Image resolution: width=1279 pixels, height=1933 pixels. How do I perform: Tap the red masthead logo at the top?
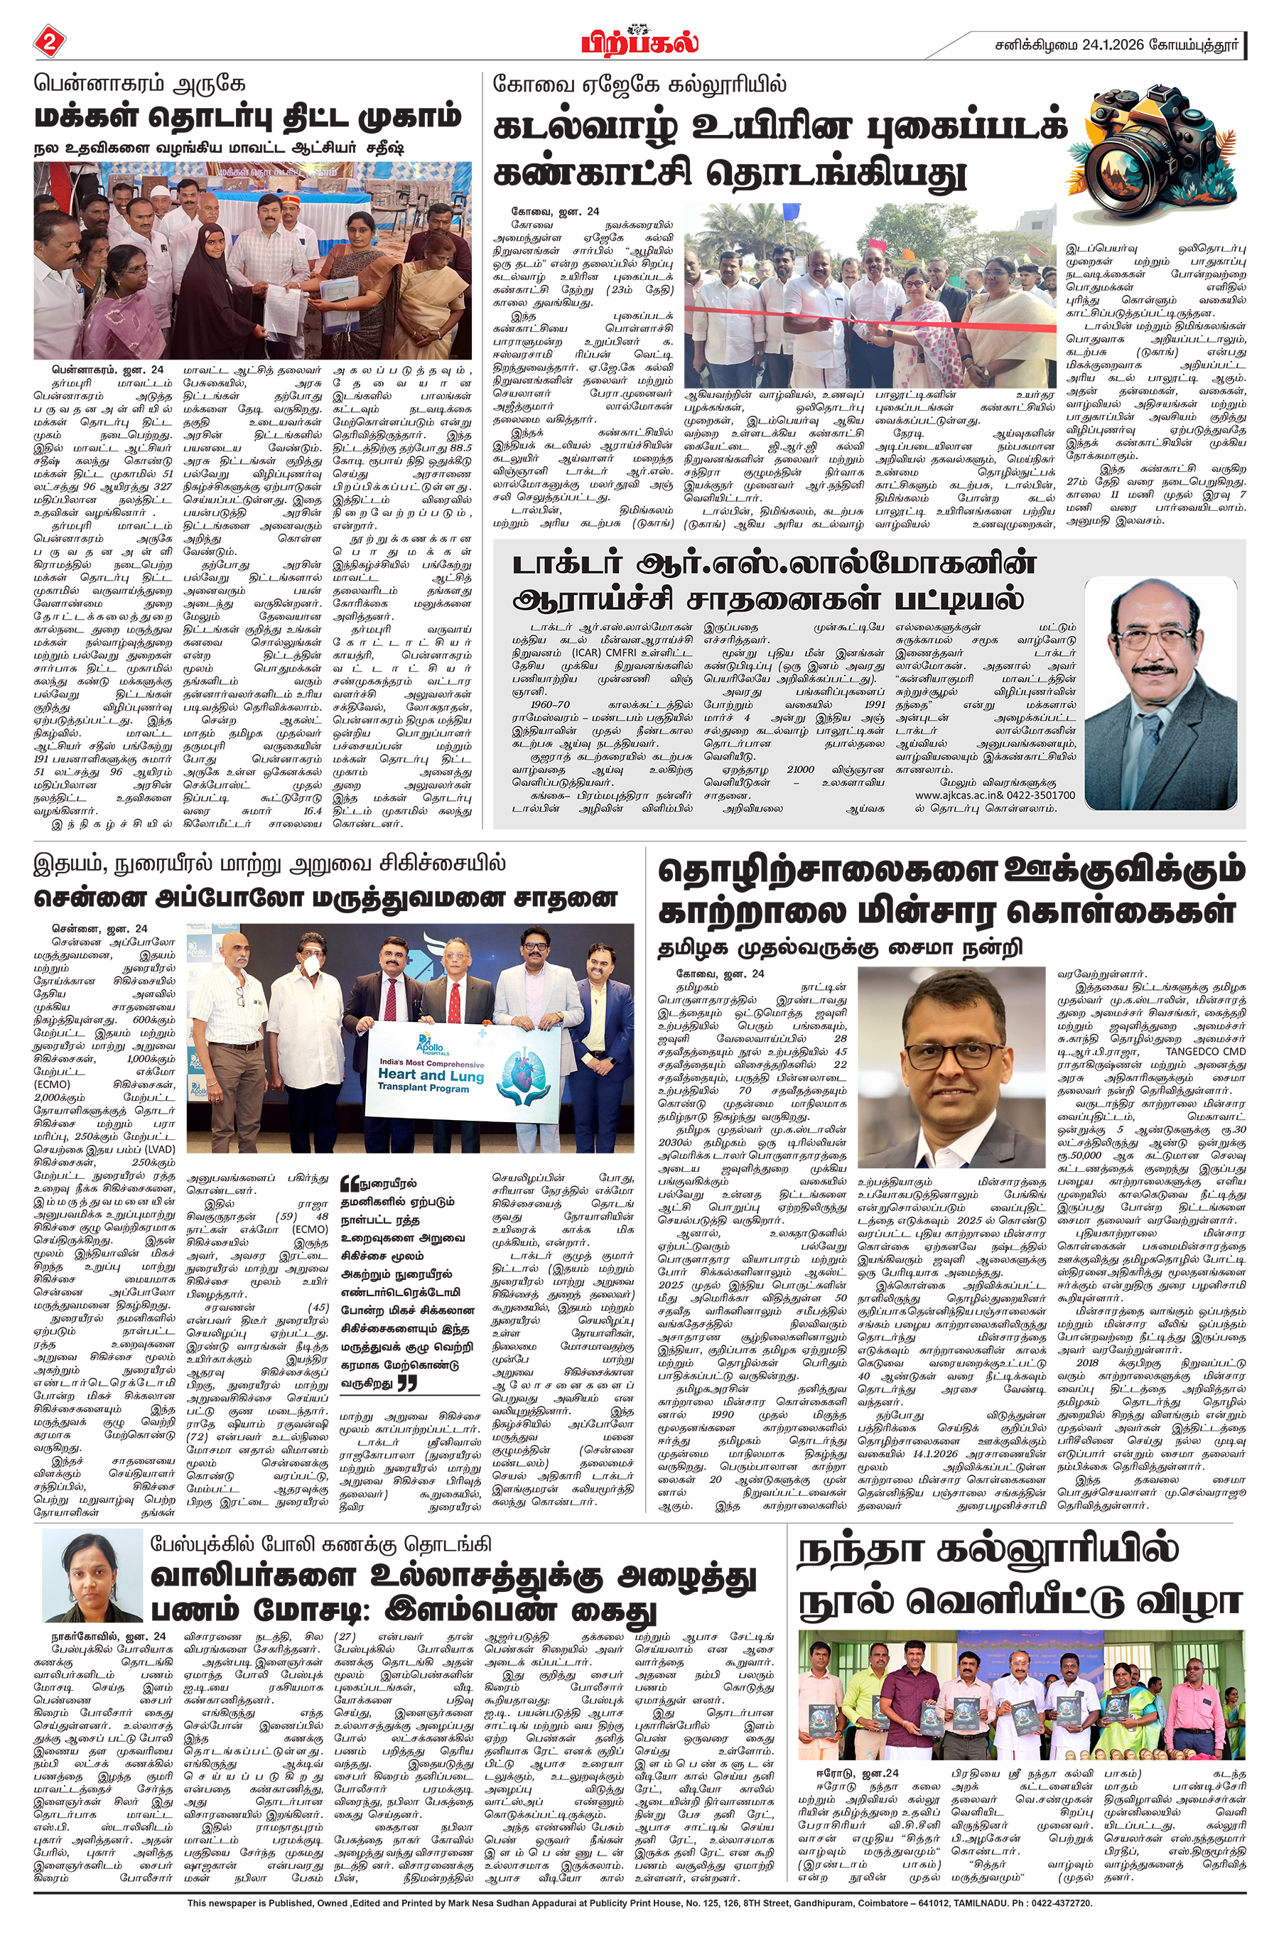[639, 40]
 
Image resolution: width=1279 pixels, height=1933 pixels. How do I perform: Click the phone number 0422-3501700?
[1045, 795]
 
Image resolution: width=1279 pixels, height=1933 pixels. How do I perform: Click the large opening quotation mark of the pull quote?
[349, 1183]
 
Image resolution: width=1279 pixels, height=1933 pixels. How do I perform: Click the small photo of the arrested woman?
[92, 1575]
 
